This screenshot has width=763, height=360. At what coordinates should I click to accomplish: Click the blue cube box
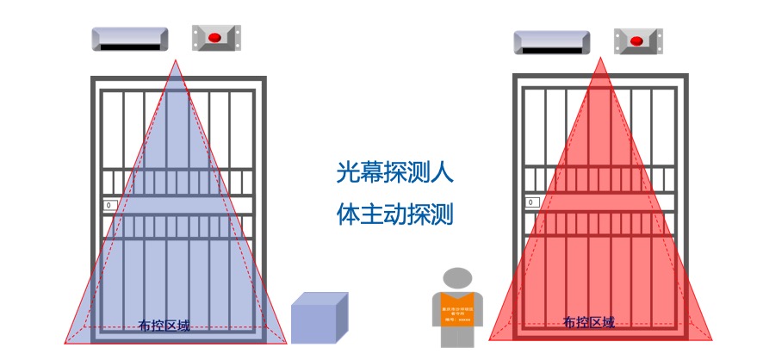(319, 319)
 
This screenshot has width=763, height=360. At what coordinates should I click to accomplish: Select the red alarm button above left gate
(216, 37)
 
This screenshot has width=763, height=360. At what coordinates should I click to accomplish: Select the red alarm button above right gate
(637, 40)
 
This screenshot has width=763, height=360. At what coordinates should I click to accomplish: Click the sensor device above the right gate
(552, 42)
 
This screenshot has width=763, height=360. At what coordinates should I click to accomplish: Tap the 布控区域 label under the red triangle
(589, 323)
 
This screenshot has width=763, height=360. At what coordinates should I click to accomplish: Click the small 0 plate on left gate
(109, 205)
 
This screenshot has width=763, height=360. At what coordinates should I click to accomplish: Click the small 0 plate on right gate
(532, 202)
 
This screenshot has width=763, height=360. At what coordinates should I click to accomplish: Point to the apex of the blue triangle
(177, 60)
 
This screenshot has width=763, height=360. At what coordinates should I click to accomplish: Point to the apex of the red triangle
(600, 61)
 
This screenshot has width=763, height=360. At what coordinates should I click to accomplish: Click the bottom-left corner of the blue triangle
(65, 342)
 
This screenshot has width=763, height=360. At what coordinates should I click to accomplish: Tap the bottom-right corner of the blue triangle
(288, 342)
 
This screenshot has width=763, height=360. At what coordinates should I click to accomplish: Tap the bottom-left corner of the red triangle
(489, 339)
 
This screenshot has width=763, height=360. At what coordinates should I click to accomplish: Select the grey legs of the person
(457, 338)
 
